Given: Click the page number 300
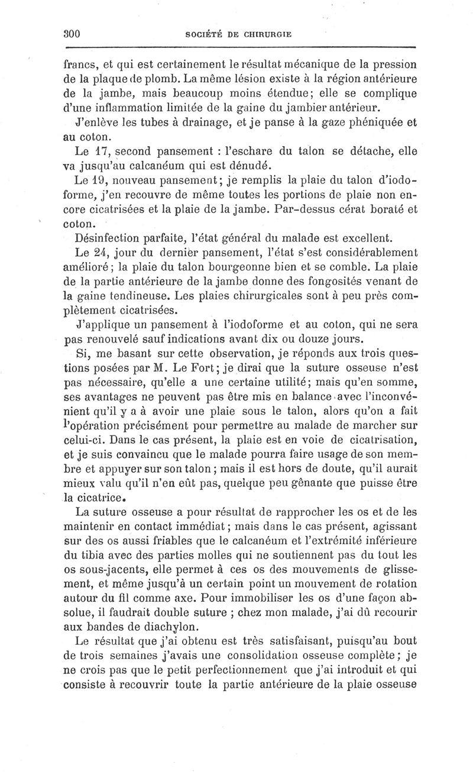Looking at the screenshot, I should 72,34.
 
